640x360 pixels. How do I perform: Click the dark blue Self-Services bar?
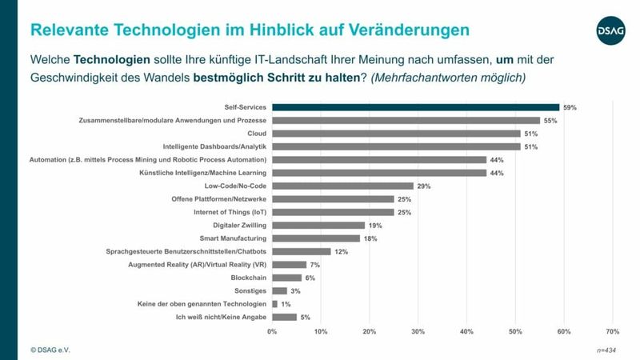pyautogui.click(x=415, y=107)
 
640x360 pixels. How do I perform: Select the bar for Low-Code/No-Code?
pyautogui.click(x=342, y=186)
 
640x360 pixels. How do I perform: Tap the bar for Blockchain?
pyautogui.click(x=286, y=278)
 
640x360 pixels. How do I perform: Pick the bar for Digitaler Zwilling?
pyautogui.click(x=318, y=226)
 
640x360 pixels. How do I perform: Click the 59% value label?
pyautogui.click(x=569, y=107)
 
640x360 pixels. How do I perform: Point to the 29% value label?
pyautogui.click(x=423, y=186)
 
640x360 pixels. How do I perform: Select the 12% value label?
pyautogui.click(x=340, y=251)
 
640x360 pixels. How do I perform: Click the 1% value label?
pyautogui.click(x=285, y=304)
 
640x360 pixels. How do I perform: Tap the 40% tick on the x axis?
pyautogui.click(x=466, y=331)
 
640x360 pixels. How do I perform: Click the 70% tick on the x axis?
pyautogui.click(x=612, y=331)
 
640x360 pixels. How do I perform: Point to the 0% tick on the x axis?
pyautogui.click(x=272, y=331)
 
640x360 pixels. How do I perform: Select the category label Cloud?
pyautogui.click(x=255, y=134)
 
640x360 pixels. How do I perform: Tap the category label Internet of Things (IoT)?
pyautogui.click(x=230, y=212)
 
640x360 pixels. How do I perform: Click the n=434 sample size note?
pyautogui.click(x=607, y=350)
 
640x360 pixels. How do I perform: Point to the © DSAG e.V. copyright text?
pyautogui.click(x=50, y=350)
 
